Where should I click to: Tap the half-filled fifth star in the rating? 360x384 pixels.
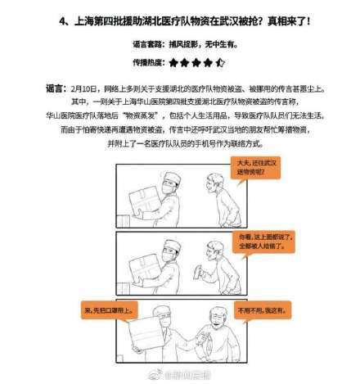(222, 61)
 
